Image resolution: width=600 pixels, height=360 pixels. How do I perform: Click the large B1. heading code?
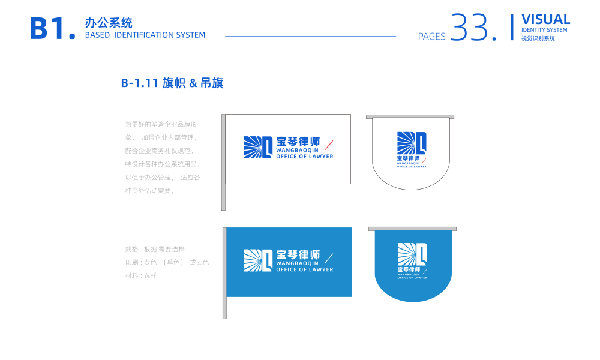(53, 29)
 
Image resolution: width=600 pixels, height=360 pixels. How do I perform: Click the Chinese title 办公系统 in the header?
(109, 23)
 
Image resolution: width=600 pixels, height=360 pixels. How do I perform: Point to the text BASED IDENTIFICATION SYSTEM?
(145, 35)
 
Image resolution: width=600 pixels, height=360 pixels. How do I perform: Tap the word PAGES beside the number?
(432, 37)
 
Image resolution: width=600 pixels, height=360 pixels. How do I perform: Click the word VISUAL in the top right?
(545, 19)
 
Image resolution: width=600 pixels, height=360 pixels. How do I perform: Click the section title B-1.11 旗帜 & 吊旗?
(172, 83)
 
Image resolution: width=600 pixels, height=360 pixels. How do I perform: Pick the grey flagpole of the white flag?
(223, 162)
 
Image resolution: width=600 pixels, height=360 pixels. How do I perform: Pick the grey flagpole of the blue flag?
(224, 273)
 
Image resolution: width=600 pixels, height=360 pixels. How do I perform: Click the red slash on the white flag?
(329, 145)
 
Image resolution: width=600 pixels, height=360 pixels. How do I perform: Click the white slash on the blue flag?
(329, 258)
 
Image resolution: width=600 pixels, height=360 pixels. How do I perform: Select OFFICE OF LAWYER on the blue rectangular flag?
(304, 270)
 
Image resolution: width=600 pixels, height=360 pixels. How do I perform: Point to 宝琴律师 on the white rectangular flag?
(298, 142)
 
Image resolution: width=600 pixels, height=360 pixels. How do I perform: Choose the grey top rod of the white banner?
(410, 116)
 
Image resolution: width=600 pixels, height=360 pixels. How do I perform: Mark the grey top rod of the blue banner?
(412, 229)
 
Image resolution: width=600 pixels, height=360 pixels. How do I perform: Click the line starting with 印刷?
(167, 262)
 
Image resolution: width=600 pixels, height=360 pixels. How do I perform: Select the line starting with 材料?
(141, 275)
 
